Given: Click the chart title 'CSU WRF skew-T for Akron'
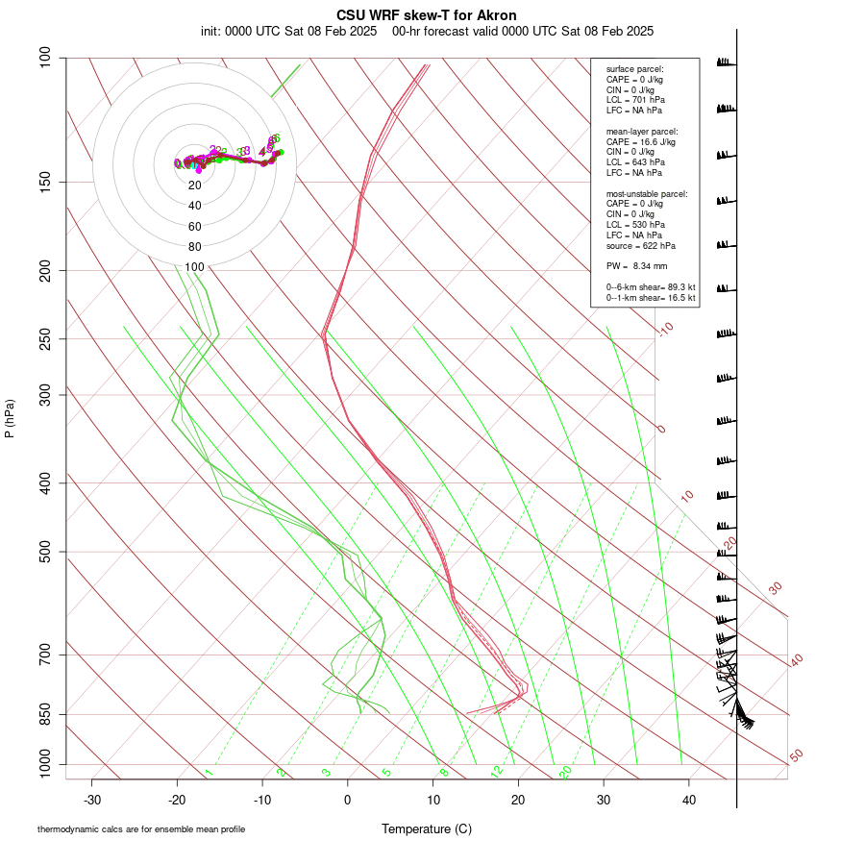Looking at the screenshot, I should click(x=427, y=15).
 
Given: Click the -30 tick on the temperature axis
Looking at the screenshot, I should click(x=92, y=800).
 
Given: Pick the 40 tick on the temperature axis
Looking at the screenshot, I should click(x=689, y=800).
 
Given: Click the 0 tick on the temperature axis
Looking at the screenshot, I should click(x=348, y=800).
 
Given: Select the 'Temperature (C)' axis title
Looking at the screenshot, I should click(x=427, y=828).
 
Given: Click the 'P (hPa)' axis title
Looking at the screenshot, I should click(x=10, y=418).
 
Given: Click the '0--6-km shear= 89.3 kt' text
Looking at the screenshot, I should click(x=651, y=287).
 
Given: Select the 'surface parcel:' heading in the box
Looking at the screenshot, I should click(x=634, y=69).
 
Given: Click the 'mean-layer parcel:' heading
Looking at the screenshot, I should click(x=641, y=131).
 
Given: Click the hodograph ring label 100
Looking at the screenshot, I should click(x=195, y=267).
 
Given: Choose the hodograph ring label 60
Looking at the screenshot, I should click(x=195, y=227).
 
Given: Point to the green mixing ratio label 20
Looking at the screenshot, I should click(x=565, y=771).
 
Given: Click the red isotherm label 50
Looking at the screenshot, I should click(x=796, y=756).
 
